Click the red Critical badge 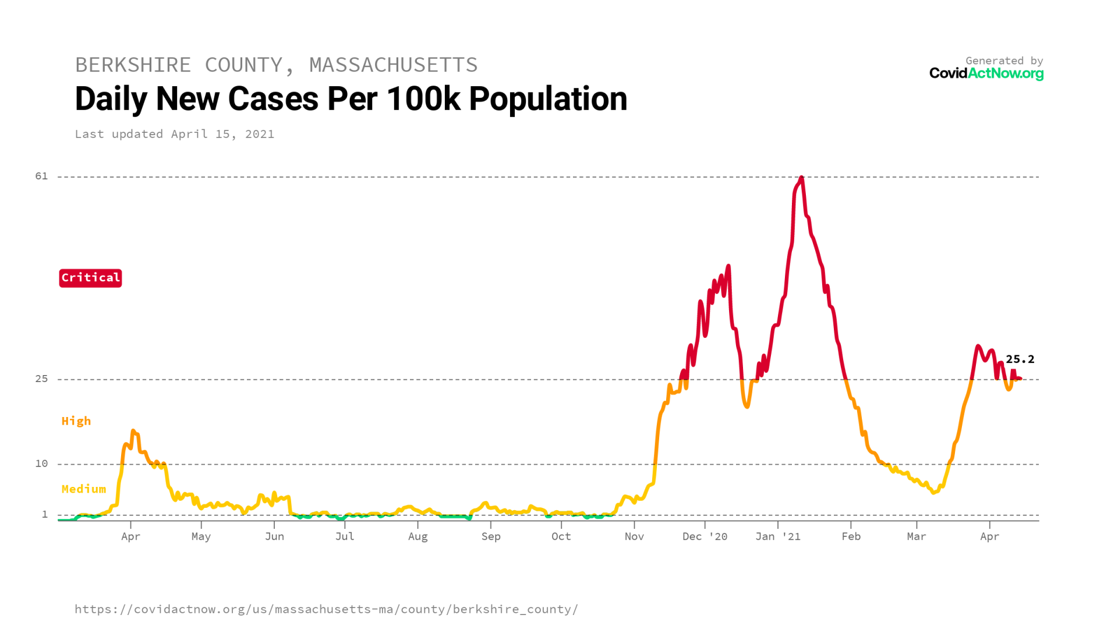[x=90, y=278]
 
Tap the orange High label [x=76, y=421]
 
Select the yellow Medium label [x=84, y=489]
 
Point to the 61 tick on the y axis [x=41, y=176]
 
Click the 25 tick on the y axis [x=41, y=379]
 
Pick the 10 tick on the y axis [x=41, y=464]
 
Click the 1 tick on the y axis [x=44, y=514]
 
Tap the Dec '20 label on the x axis [x=705, y=536]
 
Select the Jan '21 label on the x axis [x=777, y=536]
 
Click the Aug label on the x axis [x=418, y=536]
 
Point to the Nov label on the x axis [x=634, y=536]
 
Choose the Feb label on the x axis [x=851, y=536]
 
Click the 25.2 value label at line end [x=1020, y=359]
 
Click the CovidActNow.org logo [x=986, y=73]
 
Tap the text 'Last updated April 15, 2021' [x=174, y=134]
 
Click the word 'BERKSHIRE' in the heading [x=133, y=65]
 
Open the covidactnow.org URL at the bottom [x=326, y=609]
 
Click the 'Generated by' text [x=1004, y=61]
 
